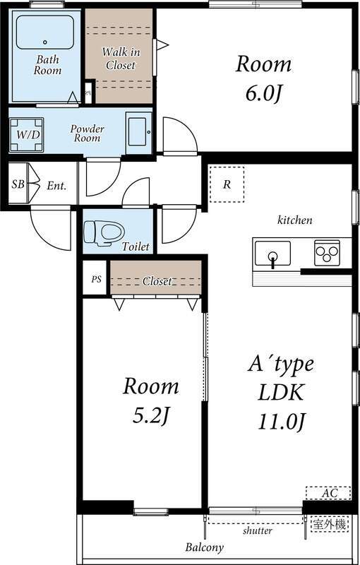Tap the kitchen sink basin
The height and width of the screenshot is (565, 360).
(x=272, y=253)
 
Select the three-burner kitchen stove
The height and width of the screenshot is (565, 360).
(x=327, y=252)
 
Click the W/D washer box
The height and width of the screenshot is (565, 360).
(x=27, y=133)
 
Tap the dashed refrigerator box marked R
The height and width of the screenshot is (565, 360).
(x=227, y=184)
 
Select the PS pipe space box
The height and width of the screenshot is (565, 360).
(x=96, y=279)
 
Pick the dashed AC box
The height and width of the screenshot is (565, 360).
(x=328, y=493)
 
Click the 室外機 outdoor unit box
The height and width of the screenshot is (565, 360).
(x=330, y=525)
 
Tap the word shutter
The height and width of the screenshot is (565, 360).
(x=258, y=530)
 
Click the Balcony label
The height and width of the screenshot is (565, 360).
(x=205, y=547)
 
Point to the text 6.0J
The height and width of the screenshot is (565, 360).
(x=263, y=92)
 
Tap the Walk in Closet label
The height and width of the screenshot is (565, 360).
(x=120, y=59)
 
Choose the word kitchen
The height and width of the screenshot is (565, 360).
(x=294, y=220)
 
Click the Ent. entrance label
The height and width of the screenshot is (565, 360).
(x=56, y=186)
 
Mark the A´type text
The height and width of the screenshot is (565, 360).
(x=280, y=365)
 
